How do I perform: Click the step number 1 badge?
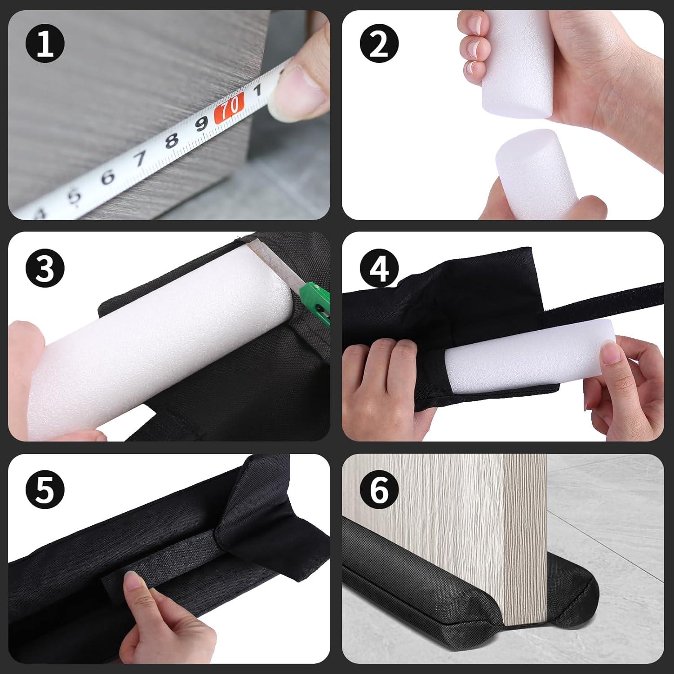(45, 44)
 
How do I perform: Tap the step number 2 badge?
(379, 44)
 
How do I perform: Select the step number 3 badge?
(45, 268)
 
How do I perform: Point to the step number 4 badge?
(379, 268)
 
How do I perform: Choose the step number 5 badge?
(45, 490)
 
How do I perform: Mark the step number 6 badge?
(379, 490)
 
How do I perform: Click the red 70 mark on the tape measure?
(229, 108)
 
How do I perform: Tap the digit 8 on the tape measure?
(171, 140)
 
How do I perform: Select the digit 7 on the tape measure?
(141, 159)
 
